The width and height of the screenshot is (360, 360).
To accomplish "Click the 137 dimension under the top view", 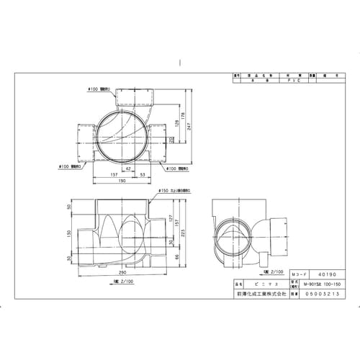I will [x=113, y=175].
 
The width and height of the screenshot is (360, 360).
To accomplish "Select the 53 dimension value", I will [x=144, y=175].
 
